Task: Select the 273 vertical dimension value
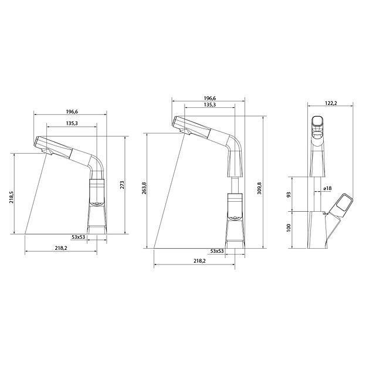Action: pos(121,184)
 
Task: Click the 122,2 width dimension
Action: pos(331,103)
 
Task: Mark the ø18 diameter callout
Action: pos(327,188)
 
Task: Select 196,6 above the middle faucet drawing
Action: pos(209,99)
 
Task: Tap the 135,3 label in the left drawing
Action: pos(73,123)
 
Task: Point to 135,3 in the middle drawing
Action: pos(209,105)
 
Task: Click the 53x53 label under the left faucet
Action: pos(79,237)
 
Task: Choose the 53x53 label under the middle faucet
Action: pos(216,251)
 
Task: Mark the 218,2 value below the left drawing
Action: pos(61,249)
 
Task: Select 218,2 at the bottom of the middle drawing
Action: pos(199,261)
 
